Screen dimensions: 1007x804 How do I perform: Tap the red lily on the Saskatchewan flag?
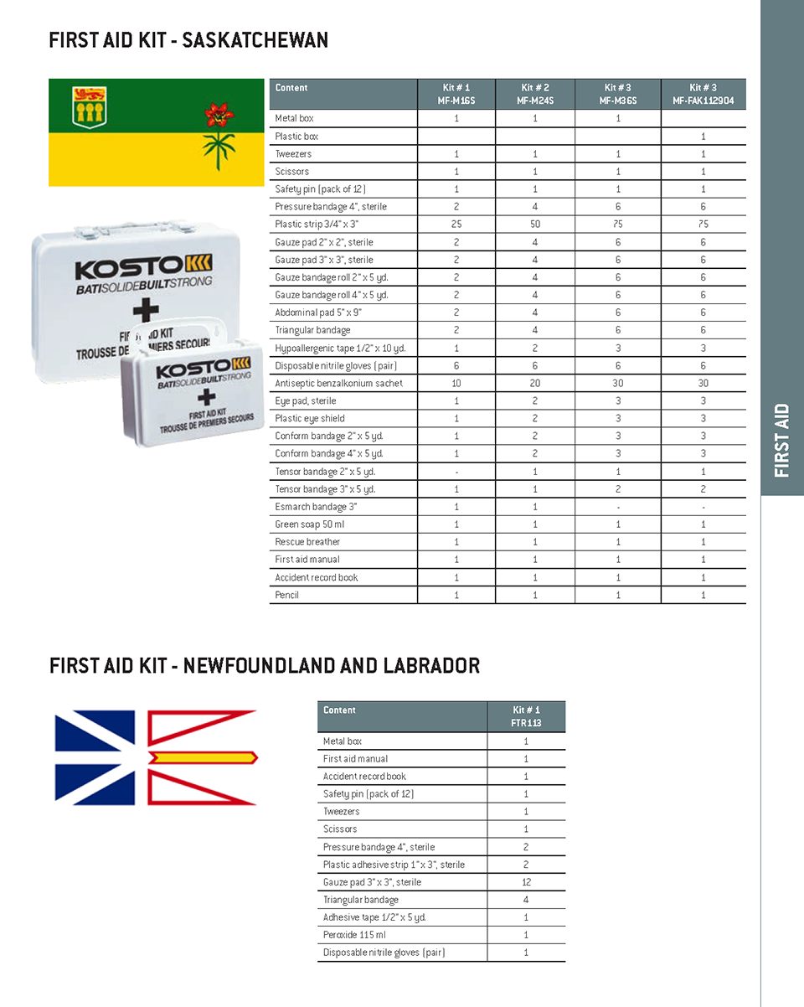[219, 115]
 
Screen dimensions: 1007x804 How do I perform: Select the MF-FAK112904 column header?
[703, 94]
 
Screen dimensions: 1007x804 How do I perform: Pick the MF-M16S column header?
[456, 94]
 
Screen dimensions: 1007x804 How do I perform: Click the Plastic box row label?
[296, 136]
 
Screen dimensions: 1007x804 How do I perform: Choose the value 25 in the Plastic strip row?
[456, 225]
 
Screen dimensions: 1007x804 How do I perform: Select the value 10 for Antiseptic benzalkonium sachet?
[456, 383]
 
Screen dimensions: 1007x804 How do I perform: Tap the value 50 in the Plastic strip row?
[535, 225]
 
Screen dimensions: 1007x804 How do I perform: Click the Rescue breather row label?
[307, 542]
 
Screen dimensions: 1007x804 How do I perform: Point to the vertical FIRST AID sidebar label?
[782, 441]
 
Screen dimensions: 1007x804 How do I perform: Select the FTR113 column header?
[526, 716]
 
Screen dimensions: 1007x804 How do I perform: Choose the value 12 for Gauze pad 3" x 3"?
[526, 882]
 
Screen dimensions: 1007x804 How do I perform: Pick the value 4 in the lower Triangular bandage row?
[526, 900]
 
